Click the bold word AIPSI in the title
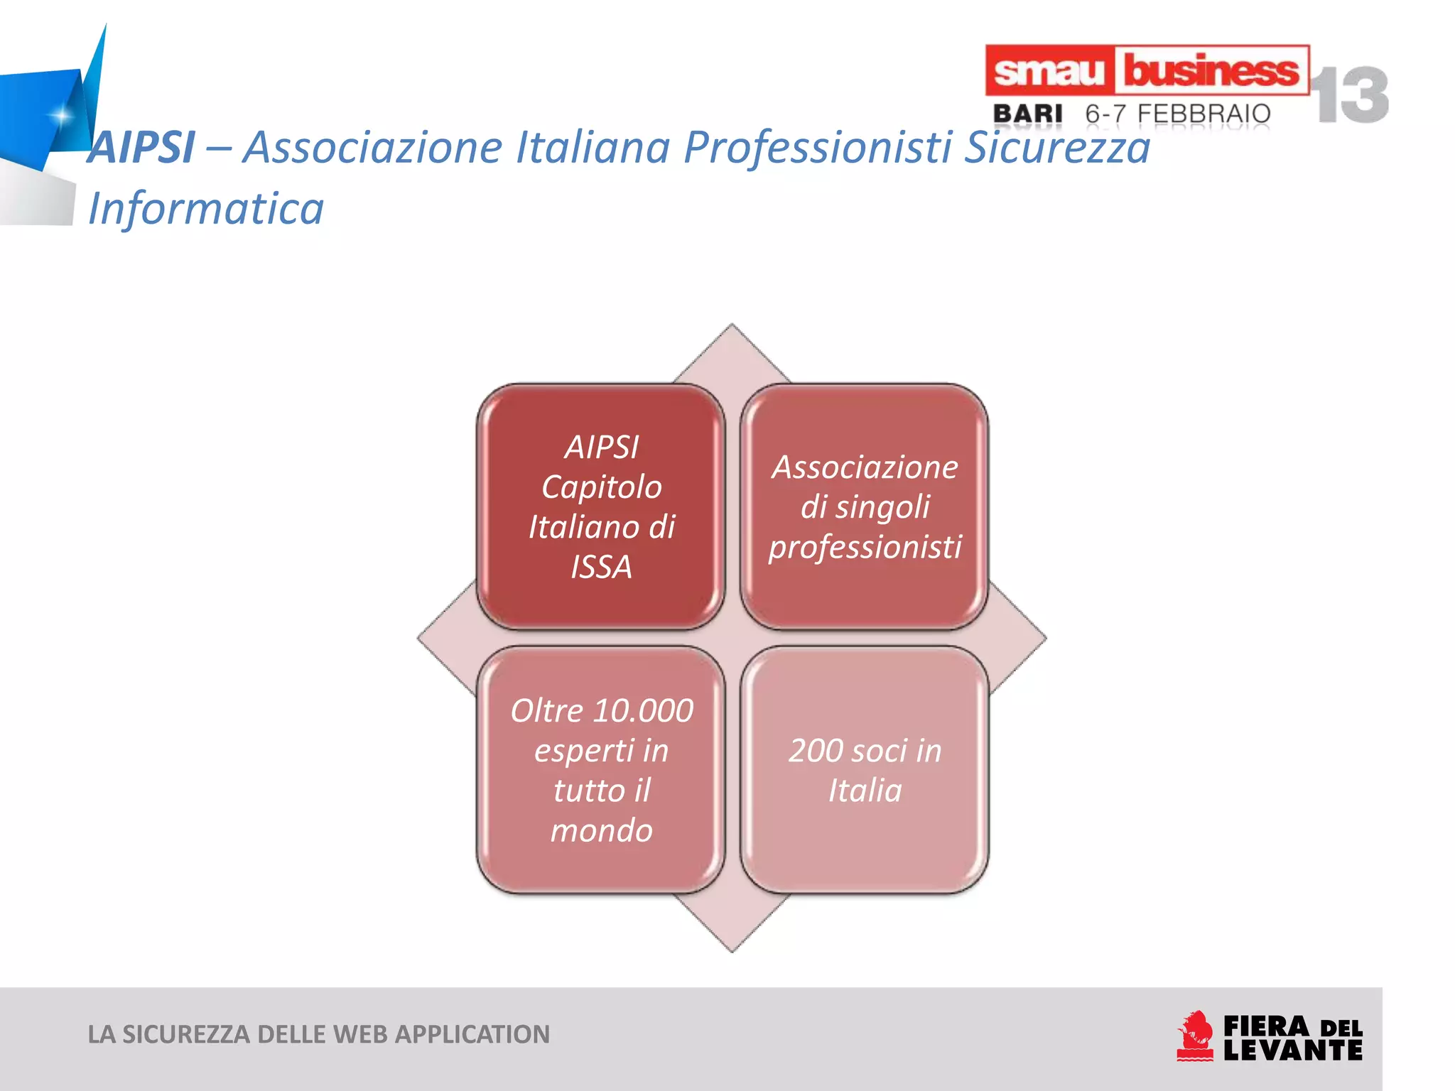point(141,148)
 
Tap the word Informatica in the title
point(206,209)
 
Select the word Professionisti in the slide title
point(817,148)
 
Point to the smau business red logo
point(1146,70)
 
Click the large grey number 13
point(1350,95)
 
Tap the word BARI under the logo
point(1027,114)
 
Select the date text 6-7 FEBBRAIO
point(1178,114)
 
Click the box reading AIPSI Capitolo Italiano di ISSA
point(601,506)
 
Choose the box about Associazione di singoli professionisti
point(865,506)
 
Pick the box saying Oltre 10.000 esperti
point(601,770)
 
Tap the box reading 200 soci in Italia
point(865,770)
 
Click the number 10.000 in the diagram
point(643,711)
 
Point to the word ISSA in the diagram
point(601,567)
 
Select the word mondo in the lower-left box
point(601,830)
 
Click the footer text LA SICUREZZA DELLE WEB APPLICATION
point(318,1034)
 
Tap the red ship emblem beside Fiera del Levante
point(1195,1036)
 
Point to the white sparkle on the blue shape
point(62,114)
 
